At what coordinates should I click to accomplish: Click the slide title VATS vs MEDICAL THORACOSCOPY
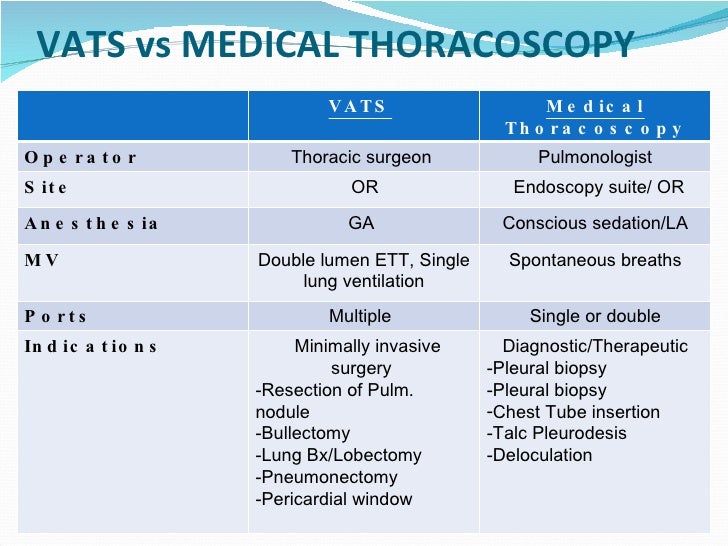click(335, 45)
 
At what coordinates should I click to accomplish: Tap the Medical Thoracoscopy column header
click(595, 117)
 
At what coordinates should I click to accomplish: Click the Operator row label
click(81, 158)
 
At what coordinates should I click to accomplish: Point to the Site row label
click(47, 187)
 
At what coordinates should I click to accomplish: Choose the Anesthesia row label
click(91, 224)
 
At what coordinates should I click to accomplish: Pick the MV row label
click(43, 260)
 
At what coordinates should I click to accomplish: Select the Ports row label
click(56, 316)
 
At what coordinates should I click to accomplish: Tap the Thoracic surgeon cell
click(361, 157)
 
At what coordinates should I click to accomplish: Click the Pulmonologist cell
click(595, 157)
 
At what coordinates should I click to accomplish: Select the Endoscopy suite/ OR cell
click(599, 187)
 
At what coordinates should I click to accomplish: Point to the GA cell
click(361, 224)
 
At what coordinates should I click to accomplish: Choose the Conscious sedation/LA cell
click(595, 224)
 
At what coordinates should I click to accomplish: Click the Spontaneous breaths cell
click(595, 260)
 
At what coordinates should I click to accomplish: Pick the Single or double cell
click(595, 316)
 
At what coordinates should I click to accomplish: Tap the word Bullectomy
click(305, 434)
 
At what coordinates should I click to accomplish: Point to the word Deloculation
click(541, 456)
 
